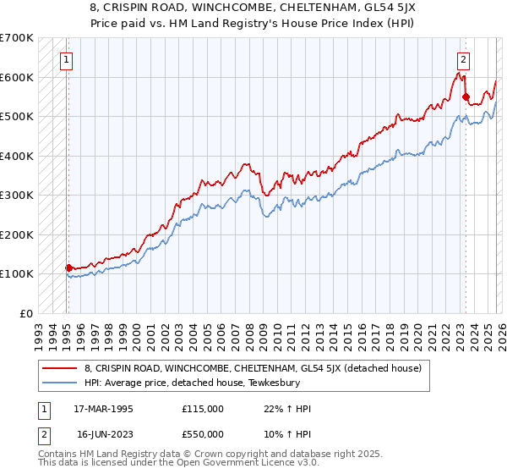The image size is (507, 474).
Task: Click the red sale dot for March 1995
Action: click(68, 267)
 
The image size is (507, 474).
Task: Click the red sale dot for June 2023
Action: click(466, 97)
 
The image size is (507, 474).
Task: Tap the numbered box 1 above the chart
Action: click(66, 59)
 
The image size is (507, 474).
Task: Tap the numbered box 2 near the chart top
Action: click(464, 59)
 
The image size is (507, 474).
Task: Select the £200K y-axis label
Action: click(18, 234)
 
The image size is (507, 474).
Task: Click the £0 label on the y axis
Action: click(26, 313)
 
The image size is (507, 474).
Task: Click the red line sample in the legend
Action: click(59, 368)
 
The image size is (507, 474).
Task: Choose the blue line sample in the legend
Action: click(59, 383)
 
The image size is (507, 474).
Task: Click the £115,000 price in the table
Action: click(203, 409)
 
